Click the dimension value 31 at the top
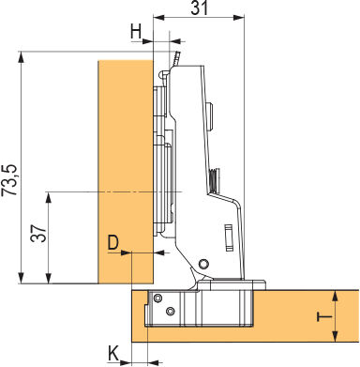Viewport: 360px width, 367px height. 200,8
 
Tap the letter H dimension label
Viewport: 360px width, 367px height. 136,32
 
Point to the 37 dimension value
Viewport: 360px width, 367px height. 38,234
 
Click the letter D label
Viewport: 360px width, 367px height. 113,243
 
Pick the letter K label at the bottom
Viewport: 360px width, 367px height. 113,353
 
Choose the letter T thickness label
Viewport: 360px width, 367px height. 324,317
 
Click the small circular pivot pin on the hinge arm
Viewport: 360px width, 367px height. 204,264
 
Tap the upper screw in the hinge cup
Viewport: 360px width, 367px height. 157,298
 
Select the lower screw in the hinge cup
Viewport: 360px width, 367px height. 171,311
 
